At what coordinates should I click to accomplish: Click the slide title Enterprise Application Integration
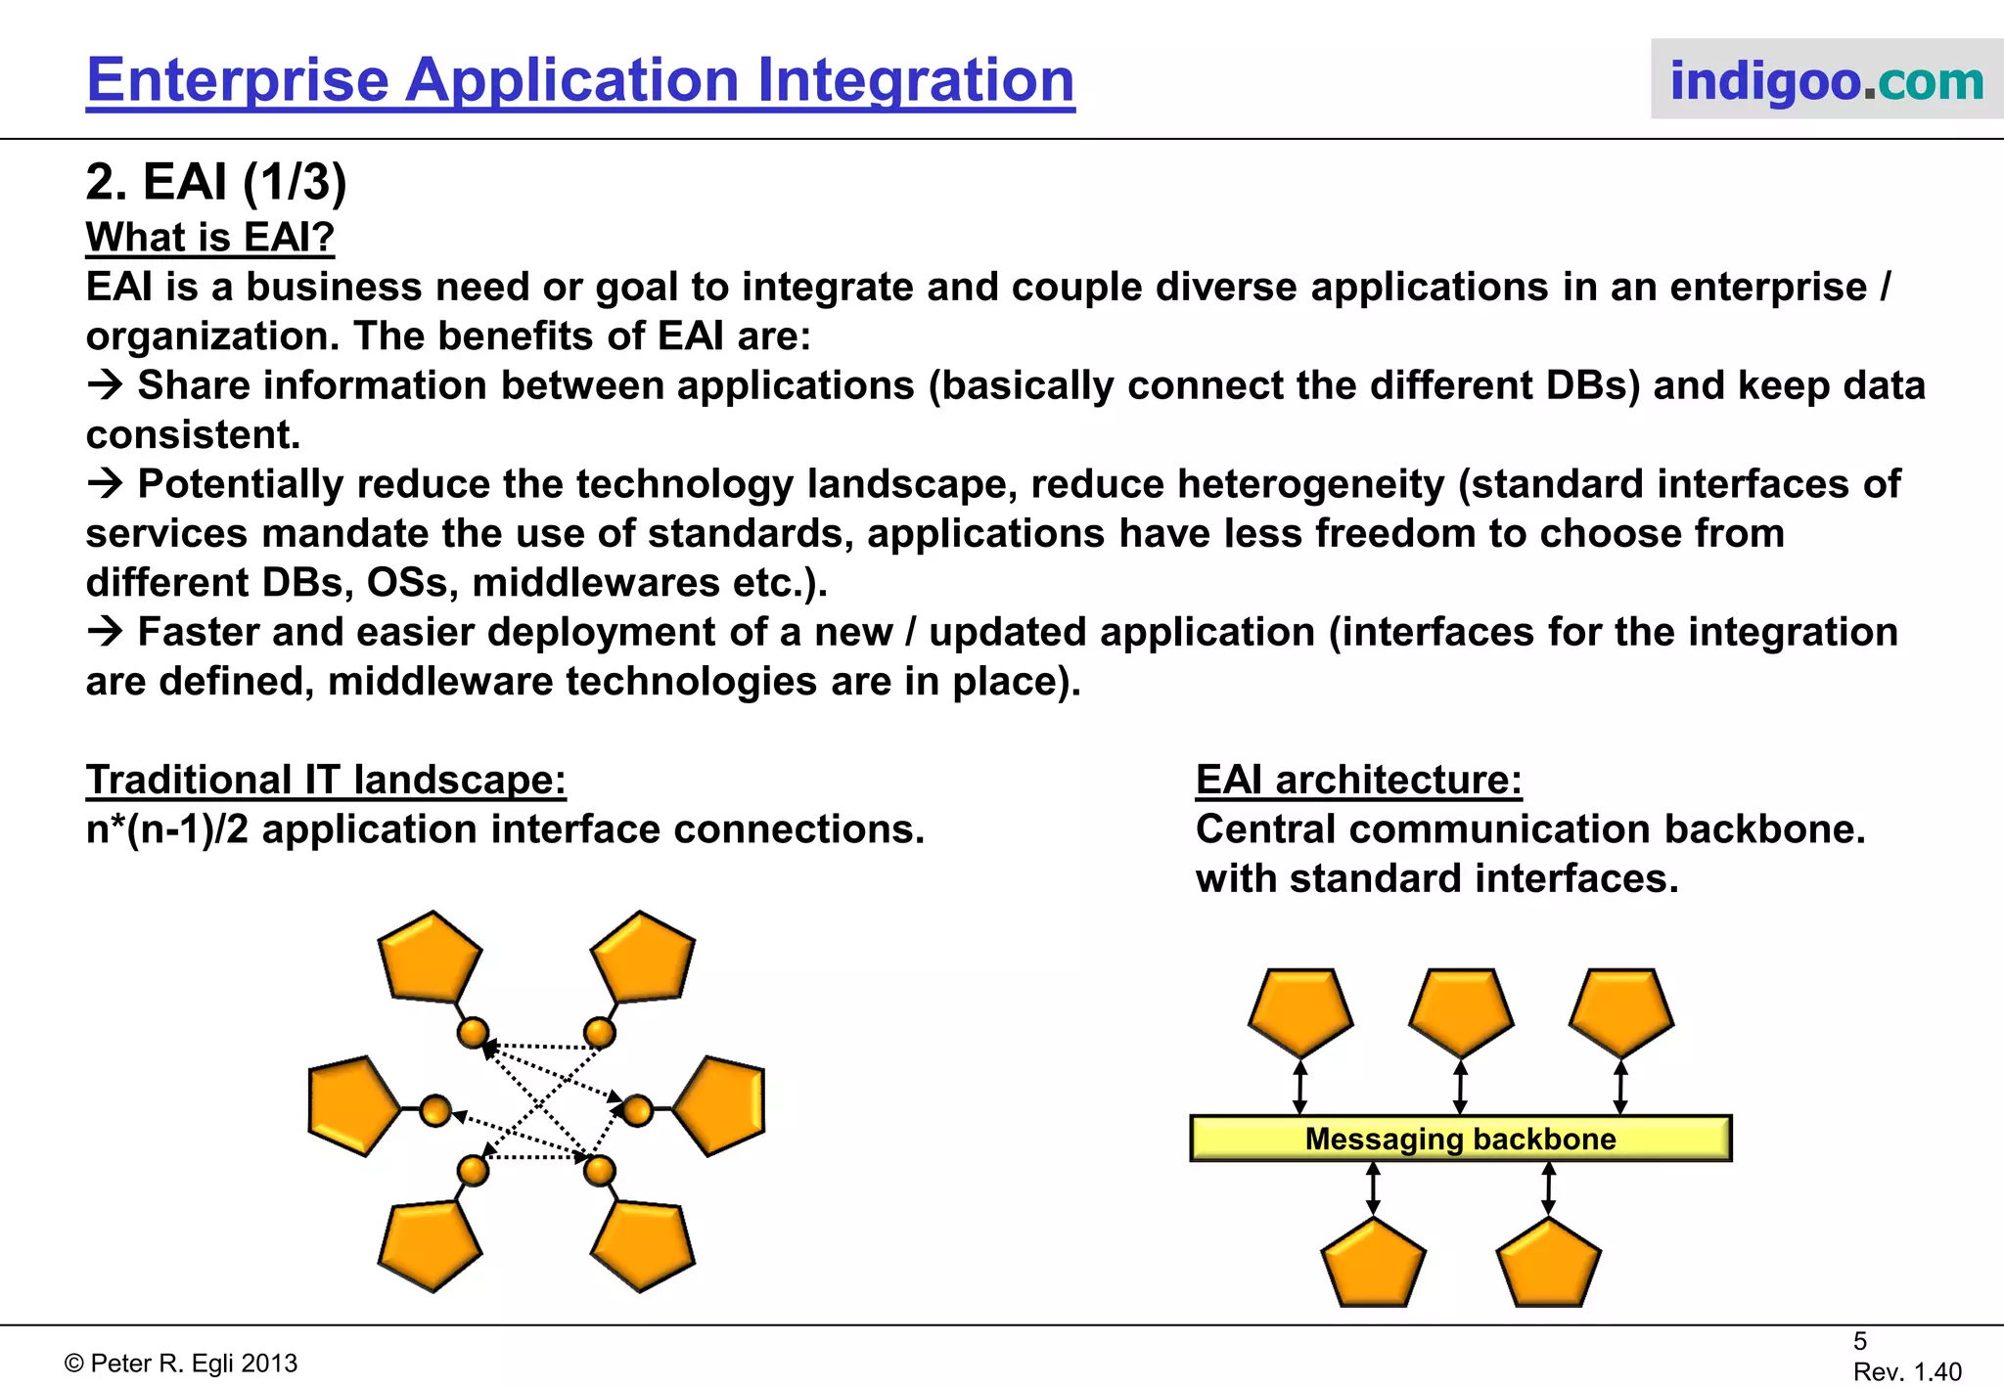[580, 80]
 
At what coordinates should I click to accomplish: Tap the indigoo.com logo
[1826, 80]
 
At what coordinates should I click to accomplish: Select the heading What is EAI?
[210, 238]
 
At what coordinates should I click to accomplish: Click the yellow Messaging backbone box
[1460, 1139]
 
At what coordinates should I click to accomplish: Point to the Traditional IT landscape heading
[326, 781]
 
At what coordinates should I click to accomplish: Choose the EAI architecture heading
[1358, 781]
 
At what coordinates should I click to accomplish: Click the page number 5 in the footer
[1860, 1341]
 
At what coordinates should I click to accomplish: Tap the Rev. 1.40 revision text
[1907, 1371]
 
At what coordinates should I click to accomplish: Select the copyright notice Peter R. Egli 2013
[181, 1364]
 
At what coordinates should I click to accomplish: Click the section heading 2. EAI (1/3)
[216, 182]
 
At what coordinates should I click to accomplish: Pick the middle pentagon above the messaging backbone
[1461, 1011]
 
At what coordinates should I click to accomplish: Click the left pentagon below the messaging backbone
[1373, 1265]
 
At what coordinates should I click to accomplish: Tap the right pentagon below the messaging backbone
[1548, 1265]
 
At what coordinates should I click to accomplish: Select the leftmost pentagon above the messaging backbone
[1300, 1011]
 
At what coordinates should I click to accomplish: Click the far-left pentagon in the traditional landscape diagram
[350, 1106]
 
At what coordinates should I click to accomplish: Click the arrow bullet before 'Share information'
[105, 385]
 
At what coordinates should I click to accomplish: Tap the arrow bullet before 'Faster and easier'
[105, 632]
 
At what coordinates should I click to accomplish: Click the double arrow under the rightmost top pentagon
[1620, 1087]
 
